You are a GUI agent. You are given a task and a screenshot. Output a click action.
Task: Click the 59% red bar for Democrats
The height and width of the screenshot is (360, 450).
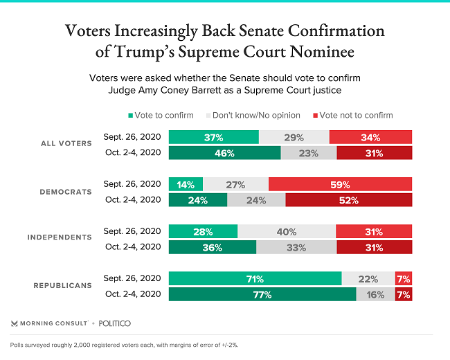pos(340,185)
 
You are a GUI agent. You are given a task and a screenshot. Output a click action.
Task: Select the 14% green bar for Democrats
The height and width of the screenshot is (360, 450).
pos(186,185)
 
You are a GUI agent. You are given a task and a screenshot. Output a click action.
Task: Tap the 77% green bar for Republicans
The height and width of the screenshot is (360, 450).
pos(262,294)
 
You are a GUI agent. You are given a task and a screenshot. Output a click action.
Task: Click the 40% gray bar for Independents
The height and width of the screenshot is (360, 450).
pos(287,231)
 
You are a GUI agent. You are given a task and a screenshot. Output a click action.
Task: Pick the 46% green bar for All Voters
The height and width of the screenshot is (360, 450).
pos(224,153)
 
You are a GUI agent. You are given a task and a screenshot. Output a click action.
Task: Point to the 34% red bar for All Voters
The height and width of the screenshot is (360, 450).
pos(370,137)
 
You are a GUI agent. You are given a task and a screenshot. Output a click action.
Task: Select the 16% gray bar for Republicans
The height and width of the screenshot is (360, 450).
pos(375,294)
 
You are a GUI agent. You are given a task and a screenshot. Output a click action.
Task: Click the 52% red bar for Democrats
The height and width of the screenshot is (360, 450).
pos(348,201)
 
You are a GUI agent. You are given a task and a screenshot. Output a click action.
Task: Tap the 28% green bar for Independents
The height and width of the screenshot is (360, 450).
pos(203,231)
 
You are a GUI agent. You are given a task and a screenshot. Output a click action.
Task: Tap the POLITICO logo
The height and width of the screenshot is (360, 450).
pos(115,323)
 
